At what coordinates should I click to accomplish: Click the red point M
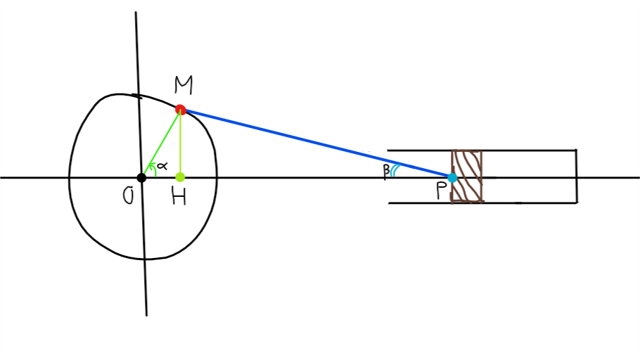(x=180, y=109)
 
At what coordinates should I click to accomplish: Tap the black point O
(x=141, y=177)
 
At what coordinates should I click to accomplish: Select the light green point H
(x=180, y=176)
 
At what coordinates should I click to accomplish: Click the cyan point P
(x=452, y=177)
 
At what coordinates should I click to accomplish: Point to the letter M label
(x=184, y=86)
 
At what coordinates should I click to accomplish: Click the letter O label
(x=128, y=196)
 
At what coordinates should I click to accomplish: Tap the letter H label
(x=179, y=197)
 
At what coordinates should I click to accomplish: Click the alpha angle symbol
(x=162, y=165)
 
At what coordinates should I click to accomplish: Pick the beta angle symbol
(x=385, y=170)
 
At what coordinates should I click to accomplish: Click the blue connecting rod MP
(x=316, y=143)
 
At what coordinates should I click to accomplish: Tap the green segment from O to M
(x=160, y=143)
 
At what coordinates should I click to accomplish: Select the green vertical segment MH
(x=180, y=144)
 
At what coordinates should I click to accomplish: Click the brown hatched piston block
(x=467, y=176)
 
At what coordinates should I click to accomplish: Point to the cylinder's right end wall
(x=576, y=176)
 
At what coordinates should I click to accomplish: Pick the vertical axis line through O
(x=143, y=267)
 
